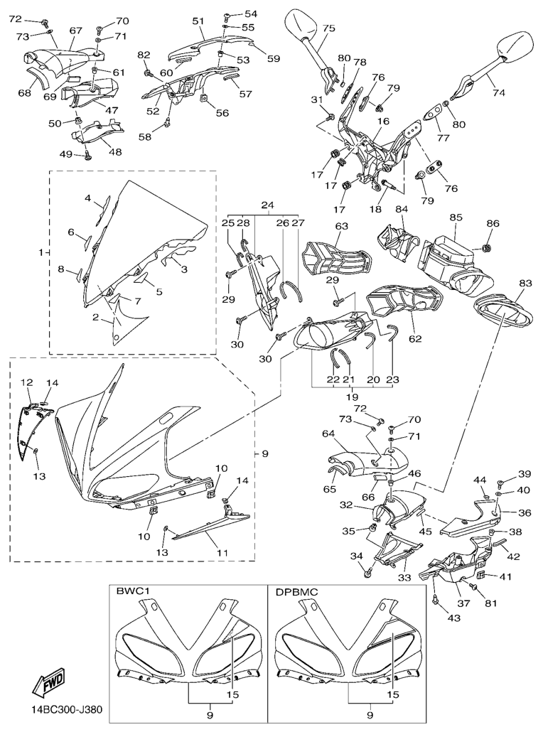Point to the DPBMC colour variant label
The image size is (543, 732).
tap(297, 591)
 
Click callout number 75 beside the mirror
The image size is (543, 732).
tap(328, 28)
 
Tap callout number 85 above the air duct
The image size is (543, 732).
tap(456, 217)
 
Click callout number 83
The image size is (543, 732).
tap(525, 284)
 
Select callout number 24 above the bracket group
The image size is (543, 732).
tap(267, 205)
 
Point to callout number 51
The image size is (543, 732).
tap(198, 21)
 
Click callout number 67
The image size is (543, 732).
tap(75, 31)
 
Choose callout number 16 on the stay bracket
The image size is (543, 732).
tap(383, 122)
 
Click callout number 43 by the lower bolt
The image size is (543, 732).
tap(453, 618)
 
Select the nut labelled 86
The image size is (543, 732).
tap(487, 248)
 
